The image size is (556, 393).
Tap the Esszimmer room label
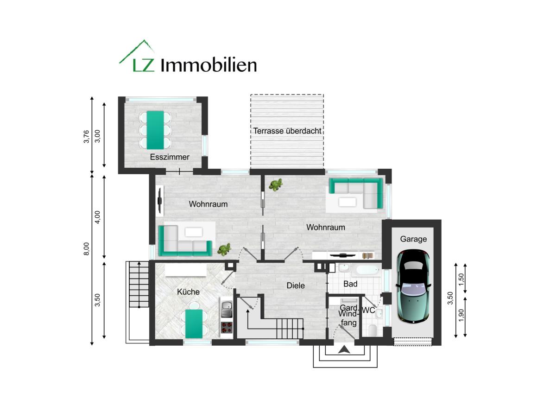(x=170, y=157)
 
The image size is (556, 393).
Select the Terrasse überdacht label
(x=287, y=131)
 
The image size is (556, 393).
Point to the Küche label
(x=188, y=292)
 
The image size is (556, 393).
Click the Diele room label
(x=296, y=285)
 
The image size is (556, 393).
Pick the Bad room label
(x=350, y=284)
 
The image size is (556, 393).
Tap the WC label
(x=368, y=310)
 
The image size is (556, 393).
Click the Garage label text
(x=413, y=239)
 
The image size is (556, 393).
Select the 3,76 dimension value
(x=86, y=137)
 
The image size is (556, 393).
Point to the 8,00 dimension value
(x=86, y=249)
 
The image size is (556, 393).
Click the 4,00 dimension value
(x=98, y=217)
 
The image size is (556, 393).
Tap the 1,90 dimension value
(x=461, y=315)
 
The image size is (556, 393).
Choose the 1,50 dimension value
(x=461, y=279)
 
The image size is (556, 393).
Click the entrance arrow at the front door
(x=344, y=349)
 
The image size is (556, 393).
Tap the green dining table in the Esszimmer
(x=155, y=130)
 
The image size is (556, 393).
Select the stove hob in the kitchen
(x=227, y=327)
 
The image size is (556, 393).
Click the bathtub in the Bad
(x=366, y=270)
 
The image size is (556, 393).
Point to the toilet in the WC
(x=373, y=330)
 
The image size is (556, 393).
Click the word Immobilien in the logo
(x=209, y=65)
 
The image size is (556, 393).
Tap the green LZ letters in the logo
(x=143, y=65)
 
